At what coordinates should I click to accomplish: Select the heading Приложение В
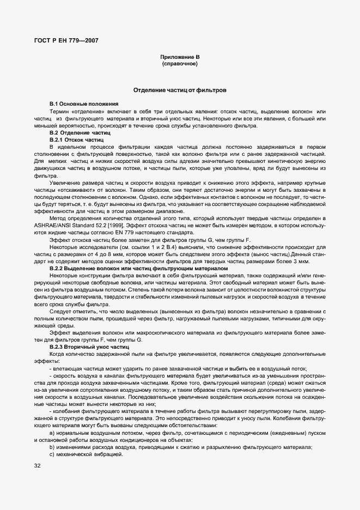(180, 57)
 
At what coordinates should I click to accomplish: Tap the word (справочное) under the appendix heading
(180, 64)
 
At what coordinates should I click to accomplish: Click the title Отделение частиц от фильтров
(180, 89)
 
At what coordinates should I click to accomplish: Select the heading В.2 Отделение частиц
(80, 132)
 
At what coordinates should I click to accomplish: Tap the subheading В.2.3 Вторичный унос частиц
(89, 347)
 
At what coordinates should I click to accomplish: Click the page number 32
(38, 466)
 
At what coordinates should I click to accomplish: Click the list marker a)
(51, 433)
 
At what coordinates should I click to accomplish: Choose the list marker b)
(51, 447)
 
